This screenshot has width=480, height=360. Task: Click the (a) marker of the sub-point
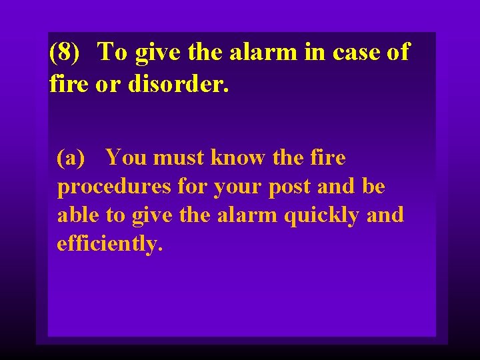pyautogui.click(x=71, y=159)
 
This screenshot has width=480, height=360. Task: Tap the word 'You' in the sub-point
pyautogui.click(x=127, y=158)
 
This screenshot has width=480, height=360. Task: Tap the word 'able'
pyautogui.click(x=75, y=215)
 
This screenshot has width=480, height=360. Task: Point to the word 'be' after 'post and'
pyautogui.click(x=373, y=187)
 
